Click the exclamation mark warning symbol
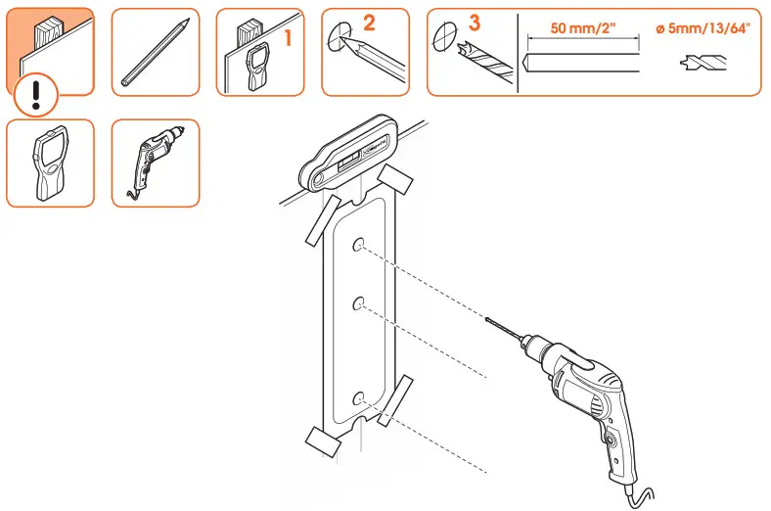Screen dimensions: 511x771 (37, 94)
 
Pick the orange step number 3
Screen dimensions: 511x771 (475, 22)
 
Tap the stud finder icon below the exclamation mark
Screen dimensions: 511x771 (50, 163)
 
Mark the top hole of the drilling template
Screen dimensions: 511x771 (359, 245)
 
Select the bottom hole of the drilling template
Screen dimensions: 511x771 (359, 397)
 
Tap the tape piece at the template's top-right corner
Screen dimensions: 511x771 (395, 179)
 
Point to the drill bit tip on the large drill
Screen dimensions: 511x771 (489, 320)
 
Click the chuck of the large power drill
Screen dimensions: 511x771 (533, 348)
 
